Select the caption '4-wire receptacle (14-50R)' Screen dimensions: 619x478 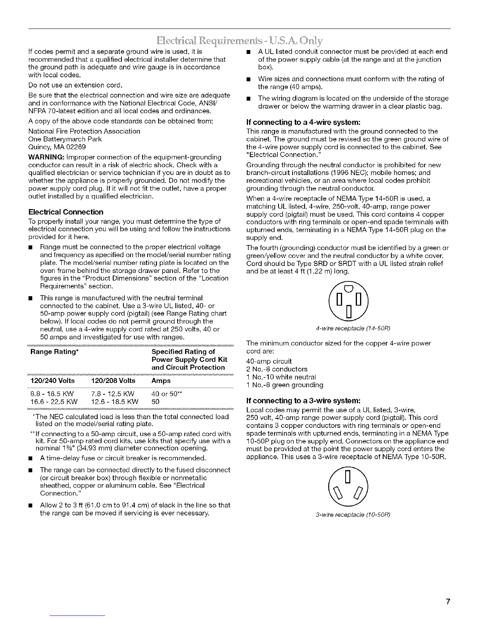(x=349, y=327)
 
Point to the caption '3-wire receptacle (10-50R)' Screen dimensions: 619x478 (x=349, y=515)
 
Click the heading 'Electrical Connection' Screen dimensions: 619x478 (x=66, y=212)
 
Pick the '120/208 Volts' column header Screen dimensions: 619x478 (x=112, y=381)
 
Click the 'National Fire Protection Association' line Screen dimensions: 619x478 (x=84, y=131)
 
